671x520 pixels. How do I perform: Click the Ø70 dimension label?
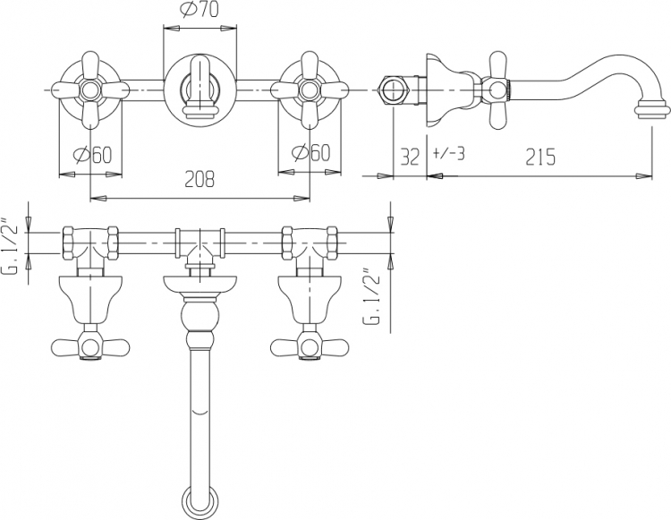click(x=199, y=10)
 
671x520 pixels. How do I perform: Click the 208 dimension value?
click(x=199, y=178)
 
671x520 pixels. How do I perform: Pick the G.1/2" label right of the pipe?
click(x=372, y=297)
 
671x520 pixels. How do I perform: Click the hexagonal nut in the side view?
click(x=395, y=90)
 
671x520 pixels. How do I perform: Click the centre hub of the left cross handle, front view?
click(x=90, y=90)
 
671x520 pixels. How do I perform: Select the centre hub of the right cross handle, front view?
click(x=310, y=90)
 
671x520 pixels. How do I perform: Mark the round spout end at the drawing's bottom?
click(x=200, y=501)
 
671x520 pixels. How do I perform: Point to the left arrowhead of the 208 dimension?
click(x=98, y=198)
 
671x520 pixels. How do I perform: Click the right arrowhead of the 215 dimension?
click(x=645, y=175)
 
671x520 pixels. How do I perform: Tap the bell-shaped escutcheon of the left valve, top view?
click(x=90, y=300)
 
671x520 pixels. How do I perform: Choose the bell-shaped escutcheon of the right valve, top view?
click(x=310, y=300)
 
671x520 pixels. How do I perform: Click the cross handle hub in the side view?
click(x=497, y=90)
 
